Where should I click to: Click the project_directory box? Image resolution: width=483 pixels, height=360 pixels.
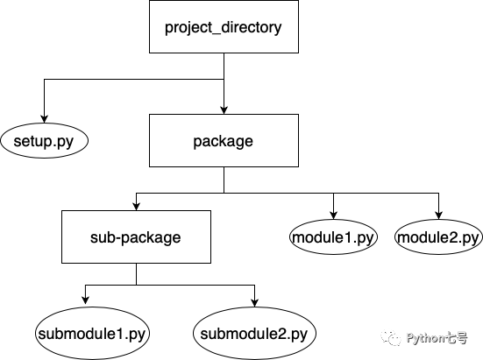[x=224, y=27]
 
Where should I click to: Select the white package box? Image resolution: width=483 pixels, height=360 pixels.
[x=224, y=140]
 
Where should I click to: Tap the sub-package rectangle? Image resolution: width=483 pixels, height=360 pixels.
[x=136, y=236]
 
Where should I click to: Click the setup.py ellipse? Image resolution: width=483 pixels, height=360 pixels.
[x=45, y=140]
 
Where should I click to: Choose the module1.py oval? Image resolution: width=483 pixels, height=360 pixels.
[x=334, y=236]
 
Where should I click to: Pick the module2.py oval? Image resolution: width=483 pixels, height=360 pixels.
[x=438, y=236]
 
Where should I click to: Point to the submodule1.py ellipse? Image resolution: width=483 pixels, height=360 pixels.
[x=92, y=333]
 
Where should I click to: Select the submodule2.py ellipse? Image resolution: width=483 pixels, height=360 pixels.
[x=254, y=333]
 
